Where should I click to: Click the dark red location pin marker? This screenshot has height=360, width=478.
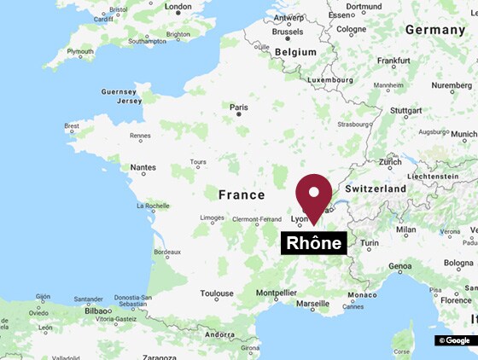coord(313,193)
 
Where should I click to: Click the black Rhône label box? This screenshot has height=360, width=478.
coord(313,243)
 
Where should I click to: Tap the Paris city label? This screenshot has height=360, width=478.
coord(239,107)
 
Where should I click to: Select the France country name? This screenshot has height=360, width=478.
coord(242,195)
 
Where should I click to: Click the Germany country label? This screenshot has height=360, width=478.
coord(434,29)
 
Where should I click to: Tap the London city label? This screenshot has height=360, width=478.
coord(178,7)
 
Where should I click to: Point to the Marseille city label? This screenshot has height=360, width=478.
coord(312,303)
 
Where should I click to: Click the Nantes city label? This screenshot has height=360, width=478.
coord(143,169)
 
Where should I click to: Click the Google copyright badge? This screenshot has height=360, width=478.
coord(454,340)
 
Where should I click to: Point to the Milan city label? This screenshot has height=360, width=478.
coord(406,229)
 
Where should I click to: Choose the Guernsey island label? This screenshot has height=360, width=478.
coord(118,91)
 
